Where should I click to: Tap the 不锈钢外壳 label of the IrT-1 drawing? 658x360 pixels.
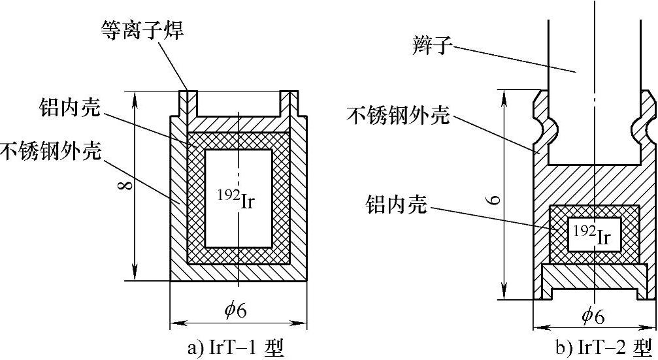pos(51,152)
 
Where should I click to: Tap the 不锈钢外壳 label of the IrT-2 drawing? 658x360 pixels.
pos(399,116)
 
